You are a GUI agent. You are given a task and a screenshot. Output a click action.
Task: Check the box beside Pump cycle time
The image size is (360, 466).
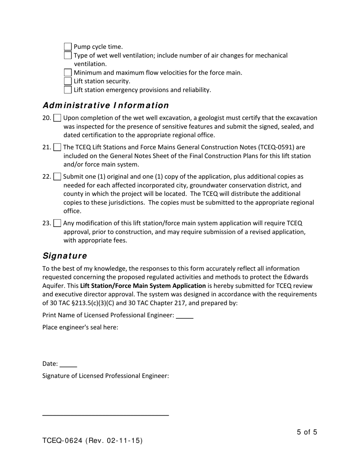click(68, 47)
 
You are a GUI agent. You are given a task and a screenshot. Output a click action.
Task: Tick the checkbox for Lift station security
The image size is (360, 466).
click(68, 81)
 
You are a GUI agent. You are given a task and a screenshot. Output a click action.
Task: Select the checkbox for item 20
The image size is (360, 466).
click(57, 118)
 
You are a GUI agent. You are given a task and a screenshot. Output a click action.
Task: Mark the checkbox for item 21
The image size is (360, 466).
click(57, 147)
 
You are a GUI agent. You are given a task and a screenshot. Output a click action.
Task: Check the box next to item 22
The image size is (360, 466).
click(57, 177)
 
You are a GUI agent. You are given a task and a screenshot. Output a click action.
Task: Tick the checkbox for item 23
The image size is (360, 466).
click(57, 224)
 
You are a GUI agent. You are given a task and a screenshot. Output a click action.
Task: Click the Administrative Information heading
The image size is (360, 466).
click(106, 105)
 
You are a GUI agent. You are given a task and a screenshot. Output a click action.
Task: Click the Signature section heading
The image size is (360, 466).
click(65, 256)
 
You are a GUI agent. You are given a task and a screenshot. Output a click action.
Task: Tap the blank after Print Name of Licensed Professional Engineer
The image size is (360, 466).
click(185, 316)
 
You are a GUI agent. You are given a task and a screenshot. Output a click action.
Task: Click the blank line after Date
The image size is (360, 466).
click(69, 364)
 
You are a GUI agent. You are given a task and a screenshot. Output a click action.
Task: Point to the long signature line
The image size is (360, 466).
click(105, 415)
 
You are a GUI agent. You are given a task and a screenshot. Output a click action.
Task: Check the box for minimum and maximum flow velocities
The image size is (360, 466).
click(68, 73)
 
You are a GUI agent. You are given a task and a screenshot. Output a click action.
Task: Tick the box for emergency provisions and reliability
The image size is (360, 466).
click(68, 90)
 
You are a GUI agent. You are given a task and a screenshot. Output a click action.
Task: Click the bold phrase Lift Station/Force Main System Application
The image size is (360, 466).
click(143, 286)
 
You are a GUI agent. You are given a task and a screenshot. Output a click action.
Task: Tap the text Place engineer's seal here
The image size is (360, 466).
click(80, 327)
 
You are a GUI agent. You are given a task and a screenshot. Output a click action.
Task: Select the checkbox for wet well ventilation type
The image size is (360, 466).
click(68, 56)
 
